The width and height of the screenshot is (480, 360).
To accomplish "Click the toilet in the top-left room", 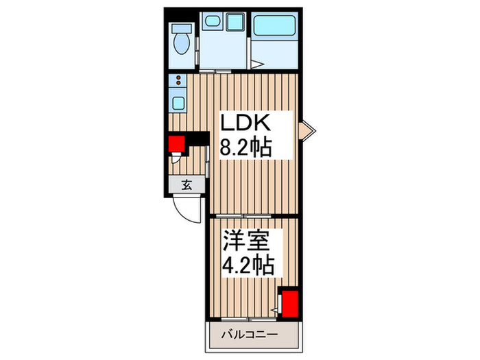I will click(182, 43).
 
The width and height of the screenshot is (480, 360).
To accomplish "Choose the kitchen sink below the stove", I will click(178, 104).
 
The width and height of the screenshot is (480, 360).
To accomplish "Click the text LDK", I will click(247, 125).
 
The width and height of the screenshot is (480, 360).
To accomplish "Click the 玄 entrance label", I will click(187, 184).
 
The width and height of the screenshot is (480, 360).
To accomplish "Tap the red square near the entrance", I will click(178, 143).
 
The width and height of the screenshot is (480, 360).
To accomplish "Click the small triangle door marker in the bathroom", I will click(255, 66).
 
